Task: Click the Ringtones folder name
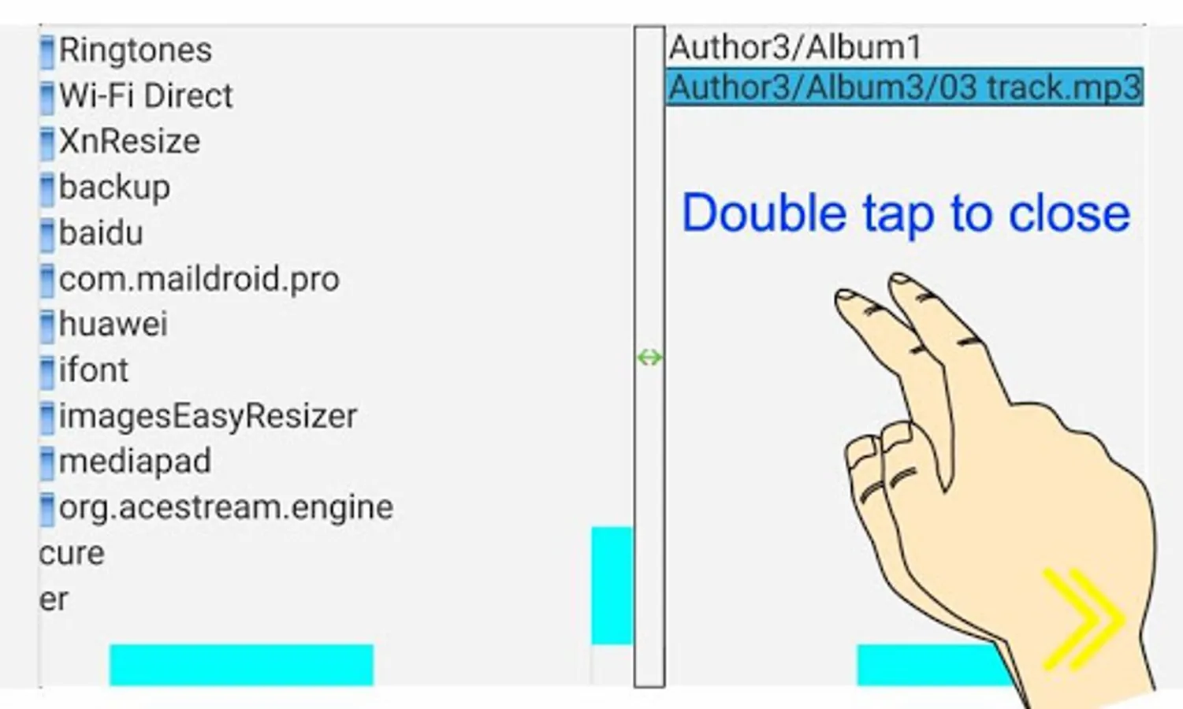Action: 136,50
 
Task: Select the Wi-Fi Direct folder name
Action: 146,96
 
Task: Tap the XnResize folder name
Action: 130,142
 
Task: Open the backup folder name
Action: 114,187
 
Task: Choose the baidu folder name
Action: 101,233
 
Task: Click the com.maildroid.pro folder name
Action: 199,279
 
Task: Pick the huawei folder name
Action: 113,325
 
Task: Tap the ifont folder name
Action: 94,370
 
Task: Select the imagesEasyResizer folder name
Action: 208,416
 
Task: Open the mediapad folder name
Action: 135,462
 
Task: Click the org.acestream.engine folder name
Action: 226,507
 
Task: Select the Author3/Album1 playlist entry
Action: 795,47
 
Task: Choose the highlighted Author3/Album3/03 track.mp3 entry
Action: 905,87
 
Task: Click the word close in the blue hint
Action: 1070,213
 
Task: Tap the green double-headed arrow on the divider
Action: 649,358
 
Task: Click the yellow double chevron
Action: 1083,619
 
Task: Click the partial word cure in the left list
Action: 72,553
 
